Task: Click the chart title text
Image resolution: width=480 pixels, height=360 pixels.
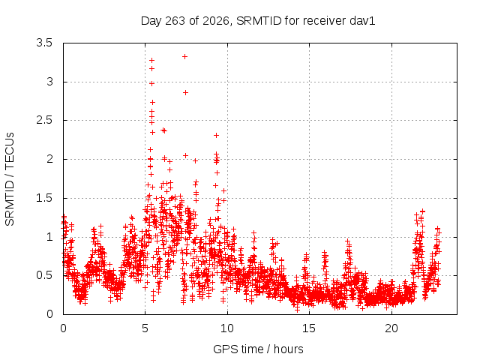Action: [258, 21]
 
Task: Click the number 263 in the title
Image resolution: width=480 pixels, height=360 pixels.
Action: [175, 21]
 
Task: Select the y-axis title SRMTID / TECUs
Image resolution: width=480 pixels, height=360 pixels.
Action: [10, 179]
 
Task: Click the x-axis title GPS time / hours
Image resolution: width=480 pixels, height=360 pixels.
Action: [258, 349]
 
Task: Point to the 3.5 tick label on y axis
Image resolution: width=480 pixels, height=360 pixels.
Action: [44, 43]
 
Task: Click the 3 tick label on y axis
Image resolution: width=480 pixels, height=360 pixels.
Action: [49, 82]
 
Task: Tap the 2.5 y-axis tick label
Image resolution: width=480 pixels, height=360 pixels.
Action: [44, 120]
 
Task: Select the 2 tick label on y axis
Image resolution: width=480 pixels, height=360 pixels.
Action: [49, 159]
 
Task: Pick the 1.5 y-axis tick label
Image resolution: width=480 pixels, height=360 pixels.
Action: [44, 198]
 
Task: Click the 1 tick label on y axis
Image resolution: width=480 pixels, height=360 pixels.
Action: [49, 237]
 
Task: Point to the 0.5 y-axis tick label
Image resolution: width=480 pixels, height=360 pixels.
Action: [44, 275]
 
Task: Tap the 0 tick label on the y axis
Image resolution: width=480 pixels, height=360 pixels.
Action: [49, 314]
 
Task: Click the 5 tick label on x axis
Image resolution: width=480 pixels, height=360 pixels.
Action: [145, 328]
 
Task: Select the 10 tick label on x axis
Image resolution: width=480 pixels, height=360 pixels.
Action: [227, 328]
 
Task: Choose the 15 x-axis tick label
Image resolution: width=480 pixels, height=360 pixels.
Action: [309, 328]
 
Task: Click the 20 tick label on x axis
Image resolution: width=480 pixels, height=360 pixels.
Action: [391, 328]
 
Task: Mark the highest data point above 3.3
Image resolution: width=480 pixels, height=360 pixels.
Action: [184, 57]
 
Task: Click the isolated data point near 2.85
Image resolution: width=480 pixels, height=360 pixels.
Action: [185, 92]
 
